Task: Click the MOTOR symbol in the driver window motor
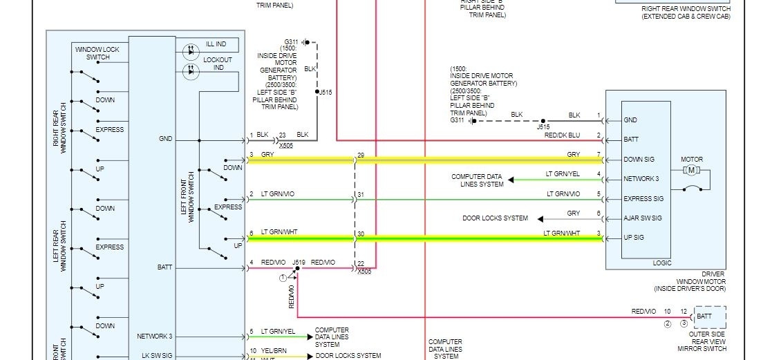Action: tap(692, 170)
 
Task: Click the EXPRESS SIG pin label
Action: tap(643, 199)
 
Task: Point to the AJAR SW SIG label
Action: tap(643, 218)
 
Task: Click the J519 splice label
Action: tap(299, 263)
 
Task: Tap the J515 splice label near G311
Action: tap(325, 92)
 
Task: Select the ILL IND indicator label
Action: tap(216, 44)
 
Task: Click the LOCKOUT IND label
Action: tap(217, 64)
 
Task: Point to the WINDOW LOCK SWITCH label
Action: tap(97, 53)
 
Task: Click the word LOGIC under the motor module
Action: tap(661, 263)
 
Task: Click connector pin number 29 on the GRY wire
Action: tap(360, 155)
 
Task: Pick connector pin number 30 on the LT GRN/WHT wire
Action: tap(360, 234)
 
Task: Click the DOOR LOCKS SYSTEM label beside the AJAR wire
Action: tap(495, 218)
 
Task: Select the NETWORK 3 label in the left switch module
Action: tap(156, 337)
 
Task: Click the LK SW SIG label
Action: tap(158, 355)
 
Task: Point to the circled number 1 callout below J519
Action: tap(282, 277)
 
